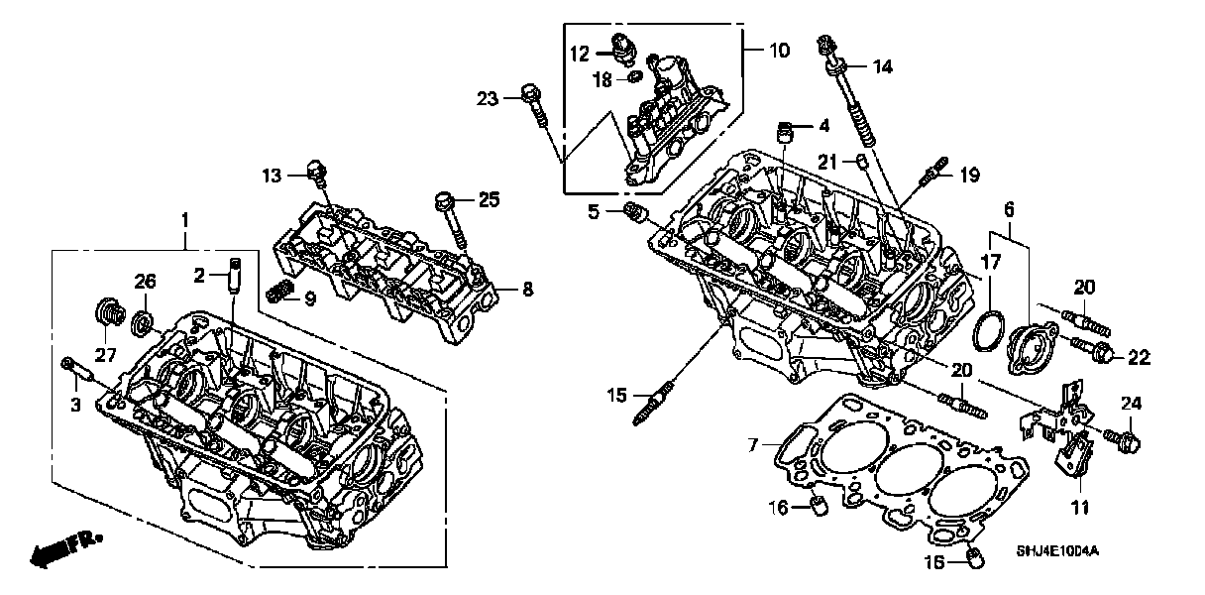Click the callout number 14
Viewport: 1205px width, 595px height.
882,67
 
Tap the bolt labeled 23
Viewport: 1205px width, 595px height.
533,104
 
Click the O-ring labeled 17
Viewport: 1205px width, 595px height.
985,330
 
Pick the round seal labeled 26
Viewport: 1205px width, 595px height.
143,322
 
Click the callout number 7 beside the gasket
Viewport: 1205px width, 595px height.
754,447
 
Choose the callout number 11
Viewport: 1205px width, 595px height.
1079,508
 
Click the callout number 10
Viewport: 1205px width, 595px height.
780,50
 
